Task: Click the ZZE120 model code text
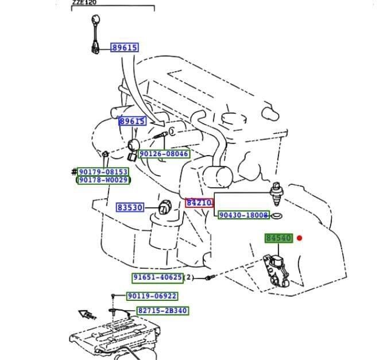84,3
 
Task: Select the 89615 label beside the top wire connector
125,48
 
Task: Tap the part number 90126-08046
164,154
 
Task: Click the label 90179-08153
103,172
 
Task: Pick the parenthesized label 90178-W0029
103,180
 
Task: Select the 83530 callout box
130,207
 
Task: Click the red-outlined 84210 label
199,203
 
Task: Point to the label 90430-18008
243,215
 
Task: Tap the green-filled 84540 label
278,238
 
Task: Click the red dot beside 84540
299,238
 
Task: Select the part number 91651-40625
157,277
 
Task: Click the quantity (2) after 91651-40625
188,277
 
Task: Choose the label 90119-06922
152,296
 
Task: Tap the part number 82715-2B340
162,311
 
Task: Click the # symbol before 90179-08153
74,172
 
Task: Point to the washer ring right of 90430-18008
276,216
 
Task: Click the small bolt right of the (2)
209,278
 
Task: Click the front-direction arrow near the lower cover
88,315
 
